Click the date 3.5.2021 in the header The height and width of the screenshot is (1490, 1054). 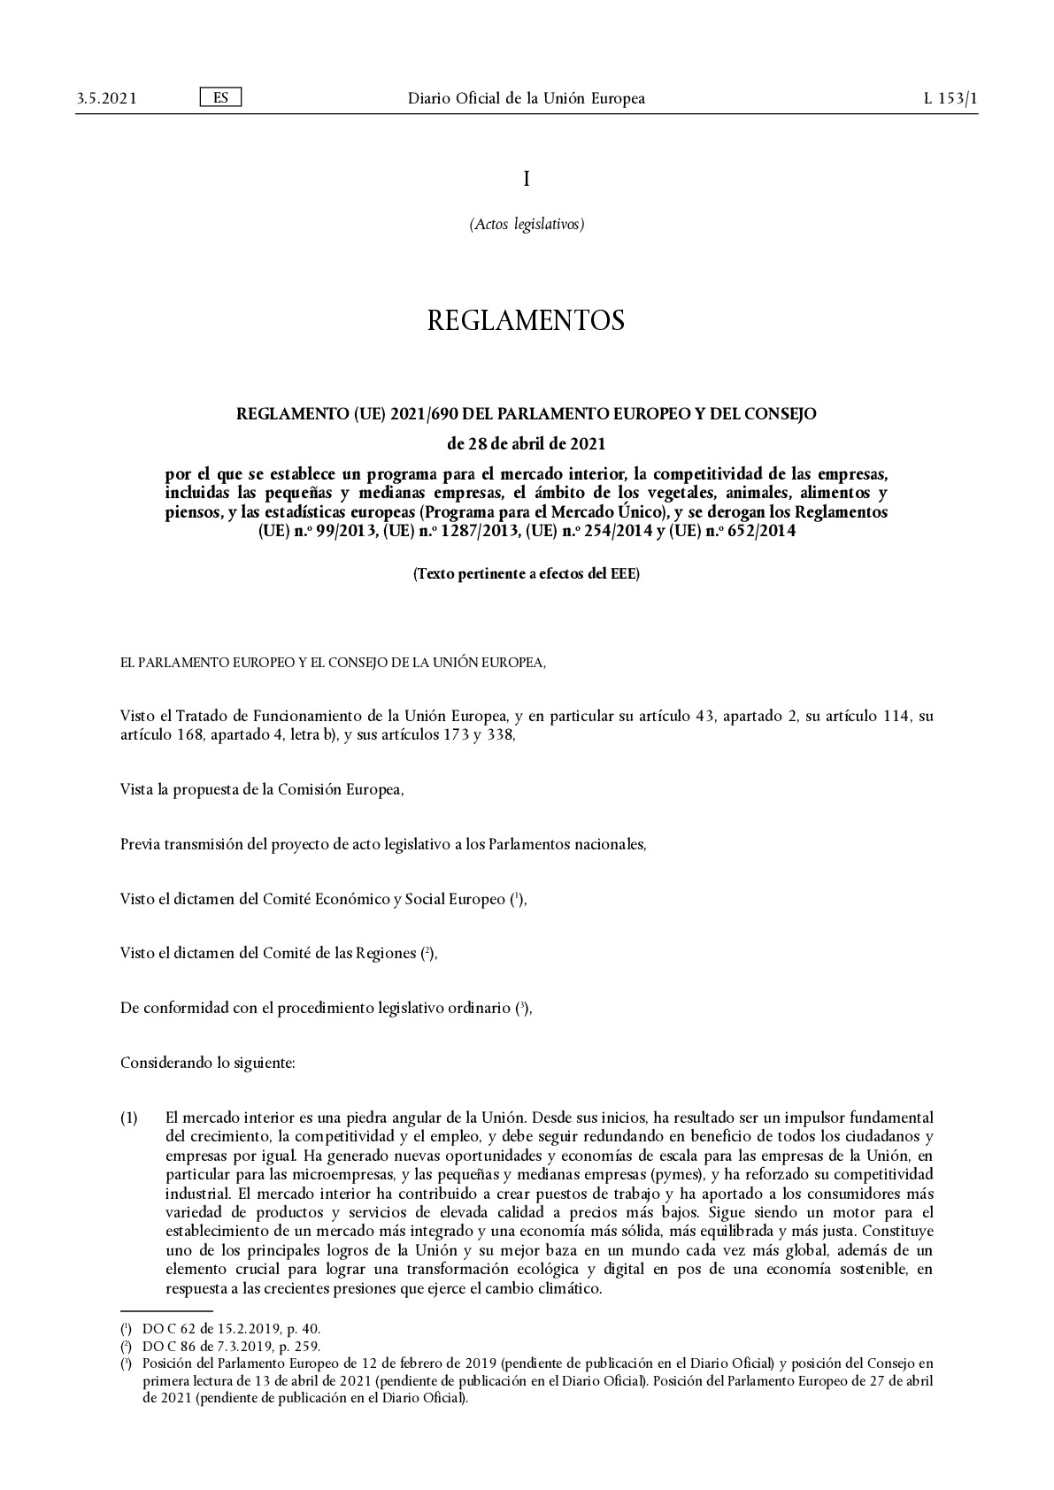[x=106, y=98]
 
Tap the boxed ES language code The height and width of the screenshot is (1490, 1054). [x=220, y=97]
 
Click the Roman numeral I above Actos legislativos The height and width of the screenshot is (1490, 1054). [x=527, y=179]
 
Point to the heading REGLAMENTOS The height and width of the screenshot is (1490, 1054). [x=526, y=320]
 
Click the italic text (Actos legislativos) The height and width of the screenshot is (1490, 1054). [x=527, y=224]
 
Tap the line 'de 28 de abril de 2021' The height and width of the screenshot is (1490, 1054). [x=527, y=442]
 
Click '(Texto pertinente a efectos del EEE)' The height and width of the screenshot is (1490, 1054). [x=527, y=573]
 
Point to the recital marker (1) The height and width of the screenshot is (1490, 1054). [x=129, y=1117]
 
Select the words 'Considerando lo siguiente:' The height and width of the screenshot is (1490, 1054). [x=207, y=1063]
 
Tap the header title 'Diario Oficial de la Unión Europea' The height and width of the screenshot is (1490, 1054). [x=527, y=98]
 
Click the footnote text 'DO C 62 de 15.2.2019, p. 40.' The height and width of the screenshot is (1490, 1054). [x=231, y=1329]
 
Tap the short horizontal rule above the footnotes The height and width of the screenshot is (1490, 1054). [x=166, y=1311]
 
